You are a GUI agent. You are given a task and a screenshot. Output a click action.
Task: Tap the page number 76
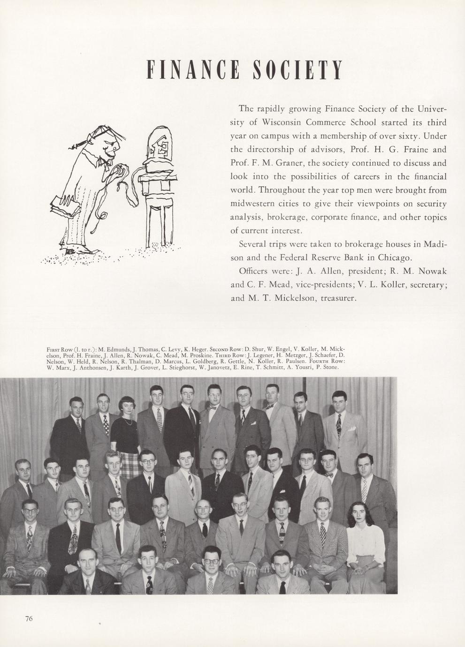click(29, 618)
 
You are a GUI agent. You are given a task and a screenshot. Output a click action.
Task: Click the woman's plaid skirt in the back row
click(126, 454)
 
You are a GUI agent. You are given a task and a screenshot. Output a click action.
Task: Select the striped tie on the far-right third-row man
click(365, 489)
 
